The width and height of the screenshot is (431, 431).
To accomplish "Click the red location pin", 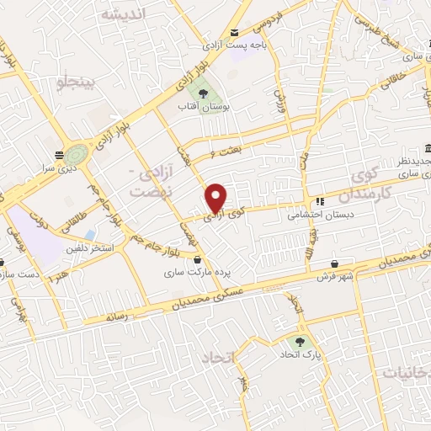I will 216,198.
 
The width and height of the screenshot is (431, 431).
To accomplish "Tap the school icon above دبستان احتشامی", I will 320,202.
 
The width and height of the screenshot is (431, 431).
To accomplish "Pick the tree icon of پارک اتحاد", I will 296,342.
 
